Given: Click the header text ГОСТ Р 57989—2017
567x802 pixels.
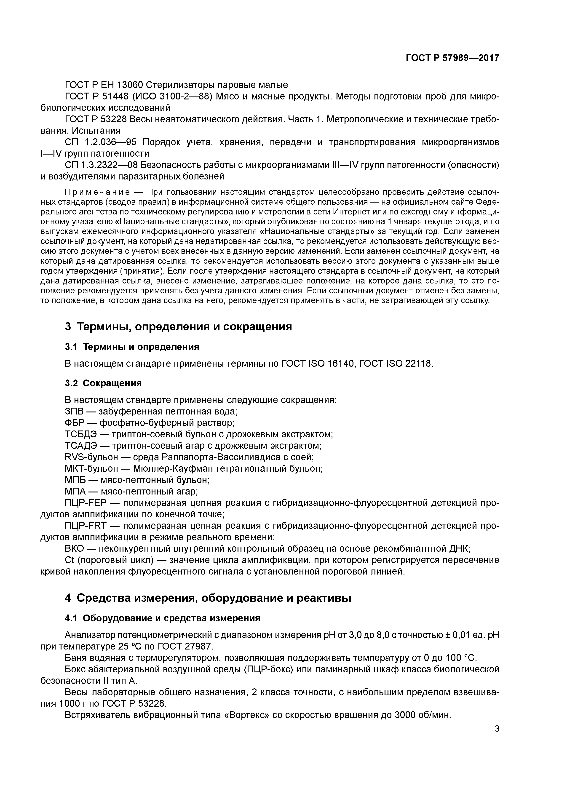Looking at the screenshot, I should pos(452,58).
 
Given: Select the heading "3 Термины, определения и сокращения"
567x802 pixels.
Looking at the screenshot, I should pos(178,327).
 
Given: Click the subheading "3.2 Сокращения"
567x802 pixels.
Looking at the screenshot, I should pos(103,383).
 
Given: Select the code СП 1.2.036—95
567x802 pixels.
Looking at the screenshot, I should pos(101,142).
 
